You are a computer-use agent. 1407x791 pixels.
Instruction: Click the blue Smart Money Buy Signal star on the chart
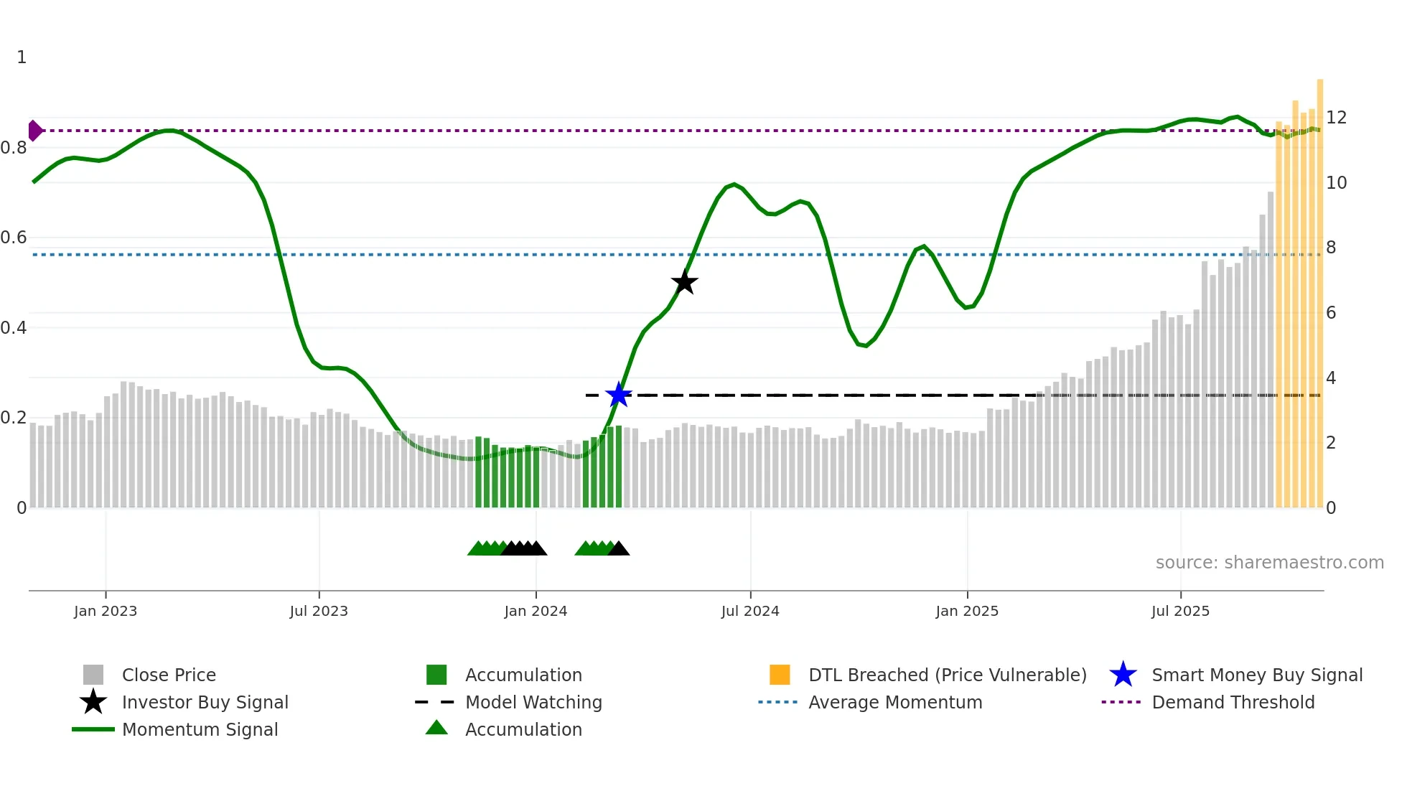pyautogui.click(x=618, y=395)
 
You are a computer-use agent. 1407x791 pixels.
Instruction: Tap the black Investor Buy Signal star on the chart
pyautogui.click(x=684, y=282)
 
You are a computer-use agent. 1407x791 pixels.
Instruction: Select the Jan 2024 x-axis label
pyautogui.click(x=536, y=611)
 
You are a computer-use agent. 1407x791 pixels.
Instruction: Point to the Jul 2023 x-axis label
pyautogui.click(x=319, y=611)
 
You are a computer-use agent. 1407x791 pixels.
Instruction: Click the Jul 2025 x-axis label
pyautogui.click(x=1180, y=611)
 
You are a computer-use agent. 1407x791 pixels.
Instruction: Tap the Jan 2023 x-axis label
pyautogui.click(x=106, y=611)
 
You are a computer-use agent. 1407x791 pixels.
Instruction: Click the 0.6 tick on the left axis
pyautogui.click(x=14, y=238)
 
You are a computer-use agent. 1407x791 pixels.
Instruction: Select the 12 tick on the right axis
pyautogui.click(x=1336, y=118)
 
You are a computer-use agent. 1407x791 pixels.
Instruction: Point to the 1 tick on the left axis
pyautogui.click(x=22, y=57)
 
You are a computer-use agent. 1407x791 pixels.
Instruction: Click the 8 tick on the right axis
pyautogui.click(x=1331, y=248)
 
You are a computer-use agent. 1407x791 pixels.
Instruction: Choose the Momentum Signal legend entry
pyautogui.click(x=200, y=729)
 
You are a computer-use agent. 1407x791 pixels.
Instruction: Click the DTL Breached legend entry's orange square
pyautogui.click(x=780, y=675)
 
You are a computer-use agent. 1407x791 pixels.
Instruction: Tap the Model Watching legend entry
pyautogui.click(x=533, y=702)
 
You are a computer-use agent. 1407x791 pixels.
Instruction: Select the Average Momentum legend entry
pyautogui.click(x=895, y=702)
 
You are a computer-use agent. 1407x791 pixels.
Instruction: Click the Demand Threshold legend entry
pyautogui.click(x=1233, y=702)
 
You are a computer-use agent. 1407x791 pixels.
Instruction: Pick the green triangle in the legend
pyautogui.click(x=436, y=728)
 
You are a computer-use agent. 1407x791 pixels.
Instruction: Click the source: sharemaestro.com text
pyautogui.click(x=1269, y=563)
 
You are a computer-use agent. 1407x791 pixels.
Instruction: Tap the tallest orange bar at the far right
pyautogui.click(x=1319, y=287)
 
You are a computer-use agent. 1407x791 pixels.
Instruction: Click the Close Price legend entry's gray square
pyautogui.click(x=93, y=675)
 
